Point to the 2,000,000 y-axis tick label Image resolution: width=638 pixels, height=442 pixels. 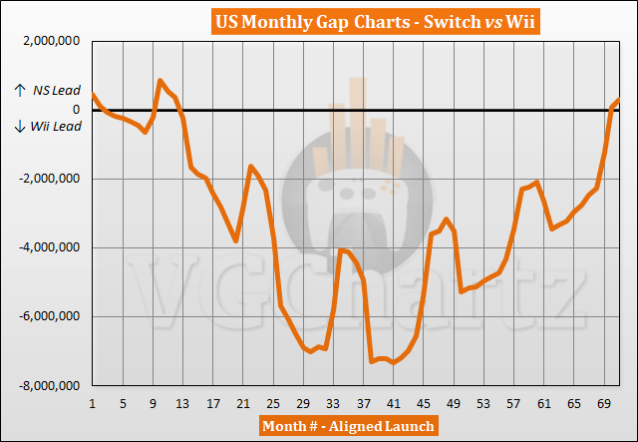[x=47, y=42]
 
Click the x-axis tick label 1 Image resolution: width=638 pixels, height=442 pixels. [x=92, y=404]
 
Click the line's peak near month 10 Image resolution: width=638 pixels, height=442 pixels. [x=160, y=81]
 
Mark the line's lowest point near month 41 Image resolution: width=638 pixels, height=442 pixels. [x=395, y=362]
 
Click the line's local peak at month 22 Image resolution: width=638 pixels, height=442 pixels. [x=251, y=166]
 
